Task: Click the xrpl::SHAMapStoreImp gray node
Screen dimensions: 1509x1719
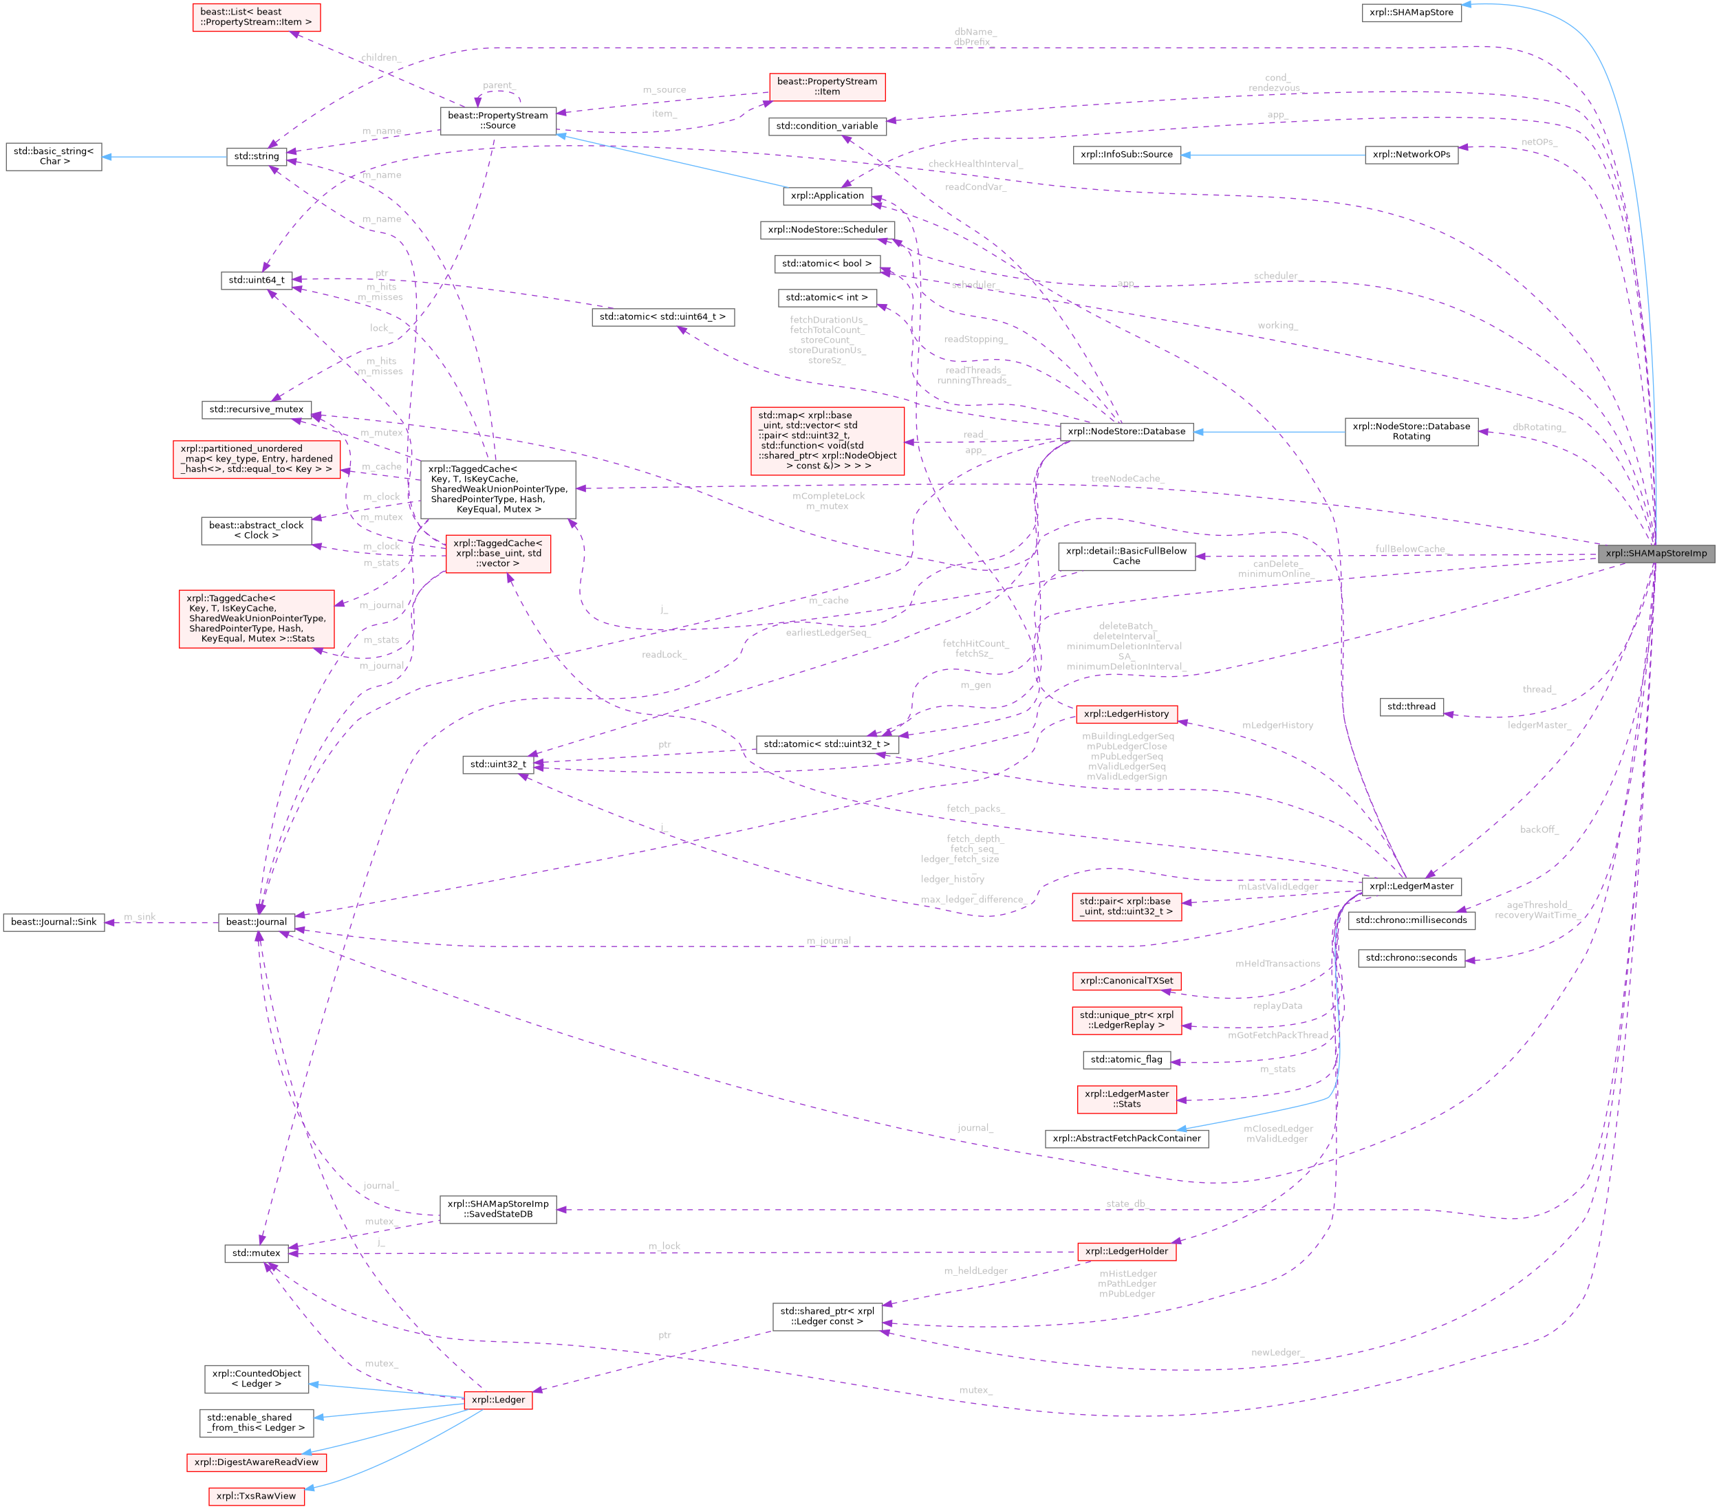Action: click(x=1655, y=553)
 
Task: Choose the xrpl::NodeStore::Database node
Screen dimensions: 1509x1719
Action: click(x=1126, y=431)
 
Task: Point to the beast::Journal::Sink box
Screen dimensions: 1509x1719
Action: click(x=54, y=922)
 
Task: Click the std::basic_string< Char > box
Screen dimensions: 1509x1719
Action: click(x=54, y=156)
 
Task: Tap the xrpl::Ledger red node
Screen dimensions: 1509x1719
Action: click(x=498, y=1400)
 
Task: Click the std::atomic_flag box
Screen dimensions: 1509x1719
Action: click(x=1126, y=1060)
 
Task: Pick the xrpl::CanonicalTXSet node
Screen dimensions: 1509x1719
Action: click(x=1126, y=981)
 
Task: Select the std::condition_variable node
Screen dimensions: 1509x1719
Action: click(x=826, y=126)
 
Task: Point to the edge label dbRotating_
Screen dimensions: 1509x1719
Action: click(x=1538, y=427)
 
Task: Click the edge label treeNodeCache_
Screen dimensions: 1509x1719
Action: click(x=1126, y=478)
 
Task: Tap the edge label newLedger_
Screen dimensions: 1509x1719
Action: click(x=1277, y=1353)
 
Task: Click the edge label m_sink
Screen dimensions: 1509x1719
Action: click(x=140, y=918)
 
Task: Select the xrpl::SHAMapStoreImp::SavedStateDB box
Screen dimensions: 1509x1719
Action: click(x=498, y=1209)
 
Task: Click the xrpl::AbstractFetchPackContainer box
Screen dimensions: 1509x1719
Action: click(x=1126, y=1138)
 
